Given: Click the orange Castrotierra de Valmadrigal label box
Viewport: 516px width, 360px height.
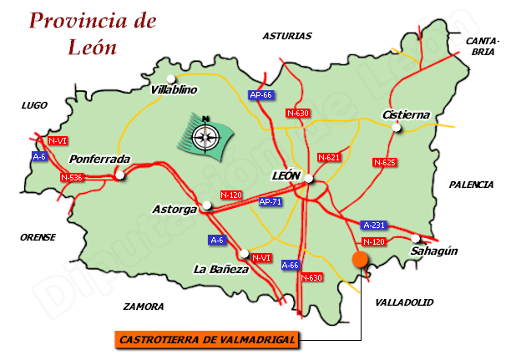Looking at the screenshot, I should point(206,340).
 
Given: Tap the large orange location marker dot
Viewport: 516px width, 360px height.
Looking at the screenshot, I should point(361,259).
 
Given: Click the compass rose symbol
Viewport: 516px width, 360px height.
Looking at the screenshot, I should point(204,134).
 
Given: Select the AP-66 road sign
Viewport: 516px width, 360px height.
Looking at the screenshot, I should point(261,95).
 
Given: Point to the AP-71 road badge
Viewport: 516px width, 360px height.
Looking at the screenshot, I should point(270,202).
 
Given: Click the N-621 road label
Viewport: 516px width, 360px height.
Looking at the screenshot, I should point(329,157).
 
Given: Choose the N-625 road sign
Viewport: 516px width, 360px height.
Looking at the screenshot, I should point(384,162).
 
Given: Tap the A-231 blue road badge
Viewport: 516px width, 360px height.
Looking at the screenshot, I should point(373,226).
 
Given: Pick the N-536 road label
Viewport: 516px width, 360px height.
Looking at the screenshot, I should point(73,177).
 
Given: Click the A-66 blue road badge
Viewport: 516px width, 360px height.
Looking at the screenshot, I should point(290,265).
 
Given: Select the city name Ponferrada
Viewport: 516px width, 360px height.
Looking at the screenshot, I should point(100,159).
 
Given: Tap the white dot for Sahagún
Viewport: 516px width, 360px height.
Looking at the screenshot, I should point(415,238).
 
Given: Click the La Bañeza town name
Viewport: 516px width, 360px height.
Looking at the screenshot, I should point(221,269).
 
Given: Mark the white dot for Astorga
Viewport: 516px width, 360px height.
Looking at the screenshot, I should point(208,204).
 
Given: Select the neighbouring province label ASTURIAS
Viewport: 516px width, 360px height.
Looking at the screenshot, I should point(286,36).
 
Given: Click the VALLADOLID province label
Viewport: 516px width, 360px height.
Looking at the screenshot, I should point(405,302).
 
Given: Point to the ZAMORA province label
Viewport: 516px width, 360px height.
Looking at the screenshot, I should point(143,307).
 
